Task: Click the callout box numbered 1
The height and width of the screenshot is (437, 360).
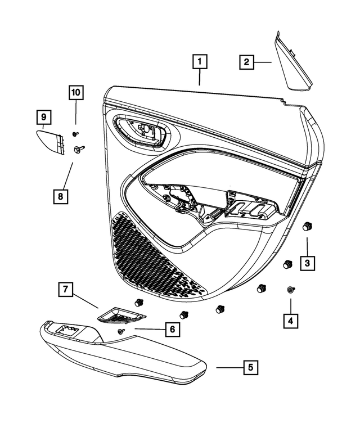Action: coord(200,61)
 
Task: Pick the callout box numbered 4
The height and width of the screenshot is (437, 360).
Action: coord(290,321)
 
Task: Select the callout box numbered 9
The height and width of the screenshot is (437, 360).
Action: coord(43,117)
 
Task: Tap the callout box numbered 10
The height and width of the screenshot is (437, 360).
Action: coord(75,91)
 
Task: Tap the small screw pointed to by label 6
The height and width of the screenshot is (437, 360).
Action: coord(121,332)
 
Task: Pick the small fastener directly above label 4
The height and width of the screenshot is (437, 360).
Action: coord(290,289)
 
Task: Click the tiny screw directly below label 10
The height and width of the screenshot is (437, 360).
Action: coord(75,134)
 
